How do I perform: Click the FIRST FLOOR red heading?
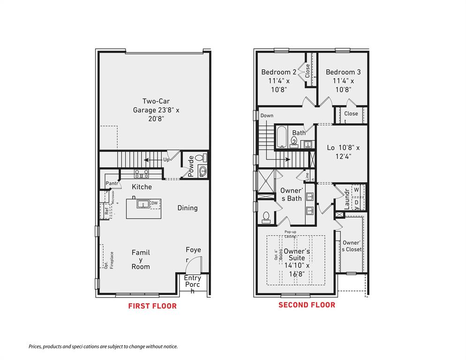pyautogui.click(x=152, y=306)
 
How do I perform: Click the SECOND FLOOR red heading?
pyautogui.click(x=307, y=305)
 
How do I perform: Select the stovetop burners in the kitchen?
pyautogui.click(x=142, y=174)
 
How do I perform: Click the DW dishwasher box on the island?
pyautogui.click(x=155, y=203)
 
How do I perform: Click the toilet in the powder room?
pyautogui.click(x=199, y=158)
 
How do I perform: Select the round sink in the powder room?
pyautogui.click(x=202, y=170)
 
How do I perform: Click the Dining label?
pyautogui.click(x=188, y=208)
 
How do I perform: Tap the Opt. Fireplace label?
pyautogui.click(x=109, y=261)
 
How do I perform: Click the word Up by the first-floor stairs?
pyautogui.click(x=166, y=160)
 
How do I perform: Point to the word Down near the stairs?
pyautogui.click(x=267, y=116)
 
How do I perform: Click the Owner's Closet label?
pyautogui.click(x=352, y=246)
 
